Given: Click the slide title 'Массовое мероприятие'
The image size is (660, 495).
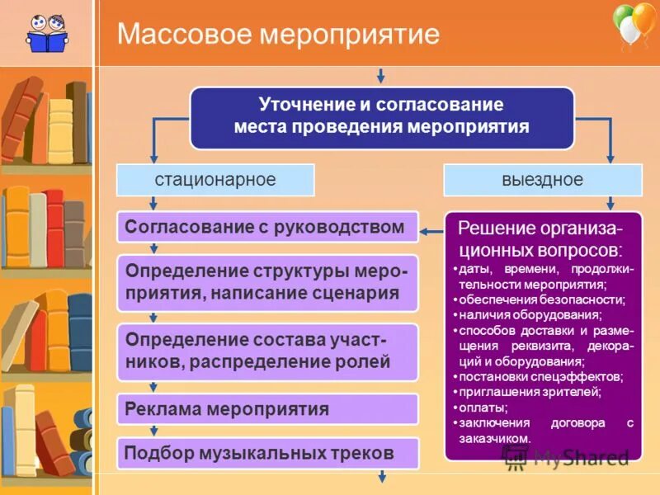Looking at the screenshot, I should click(278, 35).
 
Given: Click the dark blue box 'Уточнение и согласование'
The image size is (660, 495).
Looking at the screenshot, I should click(381, 117).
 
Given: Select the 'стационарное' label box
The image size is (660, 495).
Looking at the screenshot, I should click(215, 180).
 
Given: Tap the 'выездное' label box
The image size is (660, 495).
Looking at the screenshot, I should click(542, 180).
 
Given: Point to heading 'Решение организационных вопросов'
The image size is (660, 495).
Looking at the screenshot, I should click(540, 238).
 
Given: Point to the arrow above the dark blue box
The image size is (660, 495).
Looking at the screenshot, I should click(380, 76).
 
